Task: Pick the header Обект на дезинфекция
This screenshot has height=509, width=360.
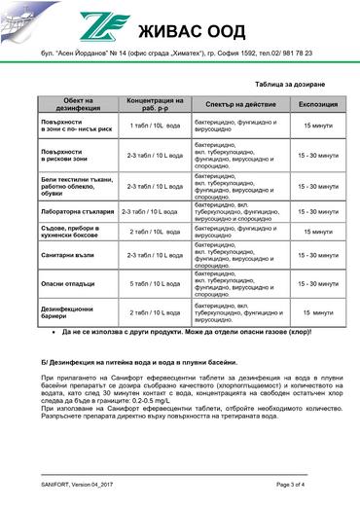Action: pos(79,101)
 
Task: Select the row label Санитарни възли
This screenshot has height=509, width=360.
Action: pos(66,255)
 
